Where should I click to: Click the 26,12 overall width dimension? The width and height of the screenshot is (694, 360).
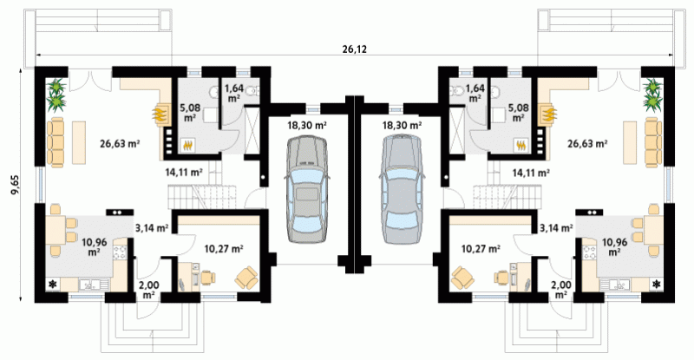pos(355,49)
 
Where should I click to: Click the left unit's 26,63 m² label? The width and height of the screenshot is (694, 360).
pos(120,143)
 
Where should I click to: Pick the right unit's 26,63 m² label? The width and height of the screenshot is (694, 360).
pos(587,143)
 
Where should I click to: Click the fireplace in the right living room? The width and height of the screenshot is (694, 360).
pos(547,114)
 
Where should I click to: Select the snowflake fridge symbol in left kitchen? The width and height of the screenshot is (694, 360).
pos(53,284)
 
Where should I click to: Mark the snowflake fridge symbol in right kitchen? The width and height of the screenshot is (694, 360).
pos(656,284)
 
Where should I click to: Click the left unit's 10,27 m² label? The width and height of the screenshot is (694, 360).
pos(224,249)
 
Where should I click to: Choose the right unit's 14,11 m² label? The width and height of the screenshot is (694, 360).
pos(531,173)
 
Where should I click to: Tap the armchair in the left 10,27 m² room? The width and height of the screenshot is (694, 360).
pos(246,278)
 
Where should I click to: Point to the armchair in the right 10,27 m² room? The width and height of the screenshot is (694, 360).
pos(462,278)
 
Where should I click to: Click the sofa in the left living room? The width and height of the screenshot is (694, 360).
pos(56,142)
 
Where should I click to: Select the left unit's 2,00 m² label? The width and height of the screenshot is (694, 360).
pos(148,290)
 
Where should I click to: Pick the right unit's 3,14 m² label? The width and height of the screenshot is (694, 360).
pos(556,228)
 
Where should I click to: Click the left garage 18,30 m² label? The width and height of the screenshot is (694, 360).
pos(307,125)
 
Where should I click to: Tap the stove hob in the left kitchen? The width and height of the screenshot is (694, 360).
pos(121,252)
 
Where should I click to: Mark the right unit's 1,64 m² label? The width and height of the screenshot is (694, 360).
pos(475,93)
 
